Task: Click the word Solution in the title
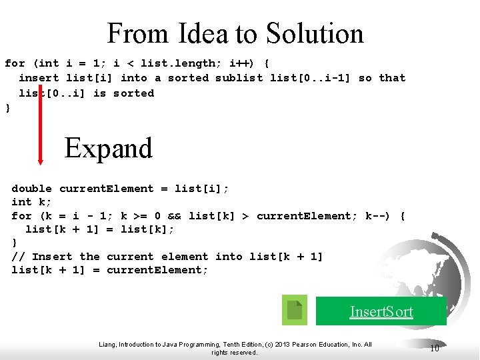[315, 33]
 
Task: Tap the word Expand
[109, 148]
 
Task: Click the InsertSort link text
[382, 311]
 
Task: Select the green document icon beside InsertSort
[295, 310]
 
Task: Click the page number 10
[434, 348]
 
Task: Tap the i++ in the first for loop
[240, 63]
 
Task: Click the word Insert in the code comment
[52, 257]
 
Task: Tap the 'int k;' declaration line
[32, 202]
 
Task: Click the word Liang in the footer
[107, 345]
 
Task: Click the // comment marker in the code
[19, 257]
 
